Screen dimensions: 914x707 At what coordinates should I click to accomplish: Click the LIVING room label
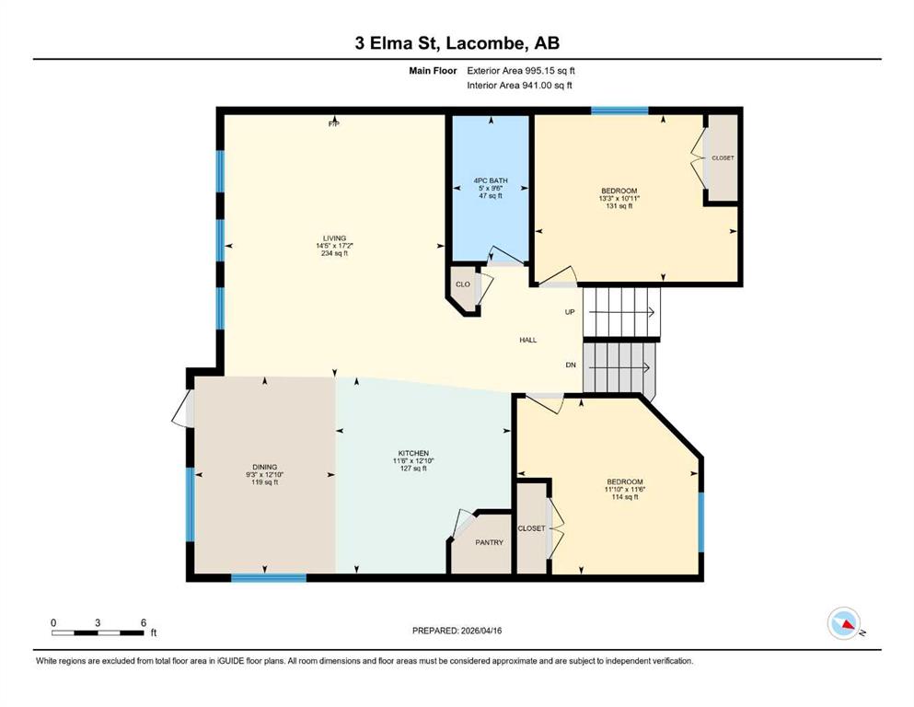[x=335, y=238]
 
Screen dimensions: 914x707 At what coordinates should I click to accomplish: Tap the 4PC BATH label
[x=491, y=180]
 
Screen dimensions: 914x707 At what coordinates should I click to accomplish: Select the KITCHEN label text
[x=413, y=453]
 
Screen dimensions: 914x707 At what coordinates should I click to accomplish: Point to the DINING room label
[x=265, y=467]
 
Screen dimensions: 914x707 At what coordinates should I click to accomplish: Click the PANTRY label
[x=489, y=542]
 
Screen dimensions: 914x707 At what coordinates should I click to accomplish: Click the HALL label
[x=528, y=340]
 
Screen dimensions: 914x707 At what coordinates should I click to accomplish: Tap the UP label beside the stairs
[x=570, y=312]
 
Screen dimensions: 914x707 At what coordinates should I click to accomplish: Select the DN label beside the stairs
[x=571, y=365]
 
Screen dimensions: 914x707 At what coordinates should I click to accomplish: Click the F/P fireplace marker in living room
[x=334, y=123]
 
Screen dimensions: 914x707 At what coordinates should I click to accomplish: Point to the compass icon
[x=844, y=623]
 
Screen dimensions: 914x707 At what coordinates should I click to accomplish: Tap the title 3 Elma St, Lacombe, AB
[x=457, y=43]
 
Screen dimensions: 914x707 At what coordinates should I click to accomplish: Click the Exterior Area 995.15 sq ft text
[x=521, y=71]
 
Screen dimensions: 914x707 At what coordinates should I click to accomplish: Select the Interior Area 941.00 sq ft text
[x=519, y=85]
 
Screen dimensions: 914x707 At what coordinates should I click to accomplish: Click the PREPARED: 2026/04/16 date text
[x=457, y=631]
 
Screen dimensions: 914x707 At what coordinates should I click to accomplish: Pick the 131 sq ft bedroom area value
[x=619, y=205]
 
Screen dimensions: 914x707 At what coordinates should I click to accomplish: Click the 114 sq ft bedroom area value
[x=625, y=497]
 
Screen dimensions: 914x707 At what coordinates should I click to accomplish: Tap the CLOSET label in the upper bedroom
[x=723, y=158]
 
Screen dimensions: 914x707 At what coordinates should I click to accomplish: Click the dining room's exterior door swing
[x=182, y=409]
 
